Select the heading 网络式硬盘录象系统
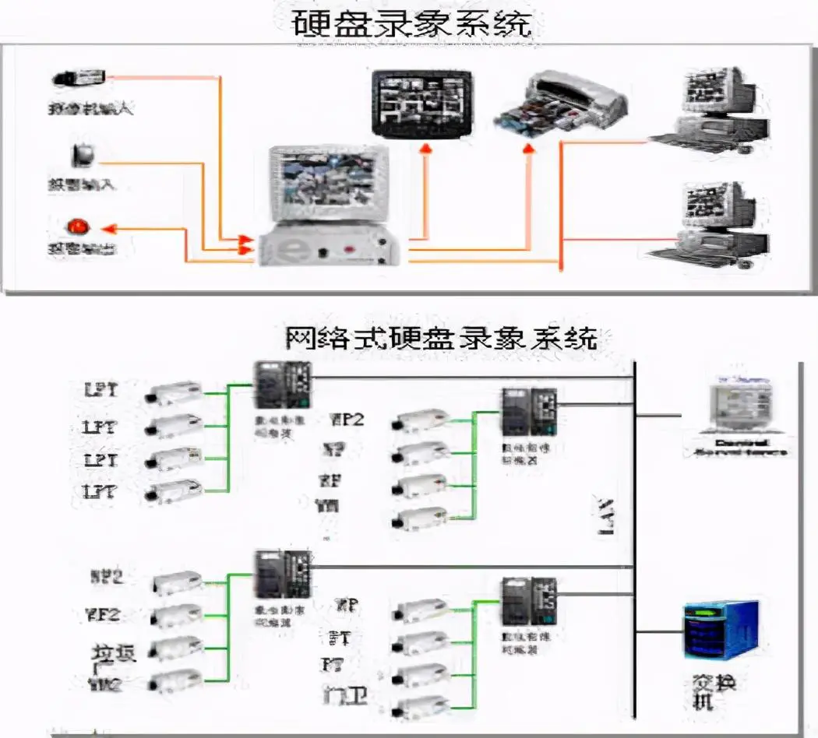(441, 339)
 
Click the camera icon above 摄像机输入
(80, 78)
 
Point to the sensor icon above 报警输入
(83, 154)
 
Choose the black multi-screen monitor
(421, 103)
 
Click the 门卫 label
(344, 695)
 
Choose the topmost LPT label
(101, 388)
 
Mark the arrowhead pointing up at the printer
(529, 147)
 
